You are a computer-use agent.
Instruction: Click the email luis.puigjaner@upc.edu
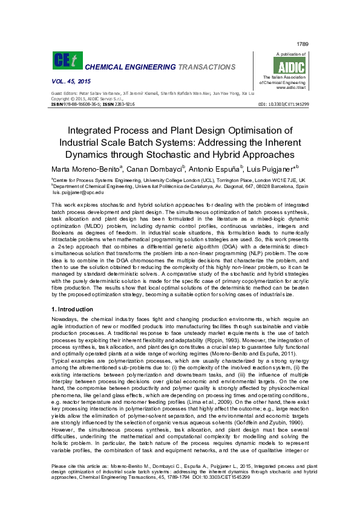coord(70,192)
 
